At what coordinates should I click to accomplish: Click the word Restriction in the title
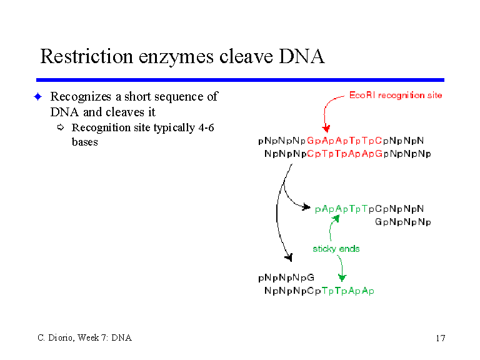(x=87, y=56)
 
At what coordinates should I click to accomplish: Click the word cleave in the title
(x=246, y=56)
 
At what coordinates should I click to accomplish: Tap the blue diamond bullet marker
(x=38, y=97)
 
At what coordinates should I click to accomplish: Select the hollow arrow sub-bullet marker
(x=61, y=127)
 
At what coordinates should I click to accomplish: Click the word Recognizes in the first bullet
(x=81, y=97)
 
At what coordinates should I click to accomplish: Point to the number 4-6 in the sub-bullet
(x=206, y=127)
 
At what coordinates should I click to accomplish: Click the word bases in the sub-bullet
(x=85, y=142)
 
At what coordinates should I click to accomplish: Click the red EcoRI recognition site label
(x=396, y=95)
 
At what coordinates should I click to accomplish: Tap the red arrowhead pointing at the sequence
(x=326, y=128)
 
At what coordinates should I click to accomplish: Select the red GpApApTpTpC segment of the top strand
(x=344, y=141)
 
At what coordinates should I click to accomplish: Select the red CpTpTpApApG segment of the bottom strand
(x=345, y=153)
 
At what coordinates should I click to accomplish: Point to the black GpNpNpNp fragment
(x=403, y=222)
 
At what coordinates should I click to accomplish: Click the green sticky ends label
(x=336, y=249)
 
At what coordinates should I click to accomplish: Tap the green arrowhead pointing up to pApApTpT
(x=336, y=218)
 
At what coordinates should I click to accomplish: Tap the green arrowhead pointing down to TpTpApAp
(x=342, y=277)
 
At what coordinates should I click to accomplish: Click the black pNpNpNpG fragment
(x=286, y=277)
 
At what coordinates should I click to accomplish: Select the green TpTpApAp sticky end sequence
(x=348, y=291)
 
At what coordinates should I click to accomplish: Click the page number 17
(x=441, y=338)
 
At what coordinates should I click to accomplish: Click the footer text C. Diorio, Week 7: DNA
(x=85, y=337)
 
